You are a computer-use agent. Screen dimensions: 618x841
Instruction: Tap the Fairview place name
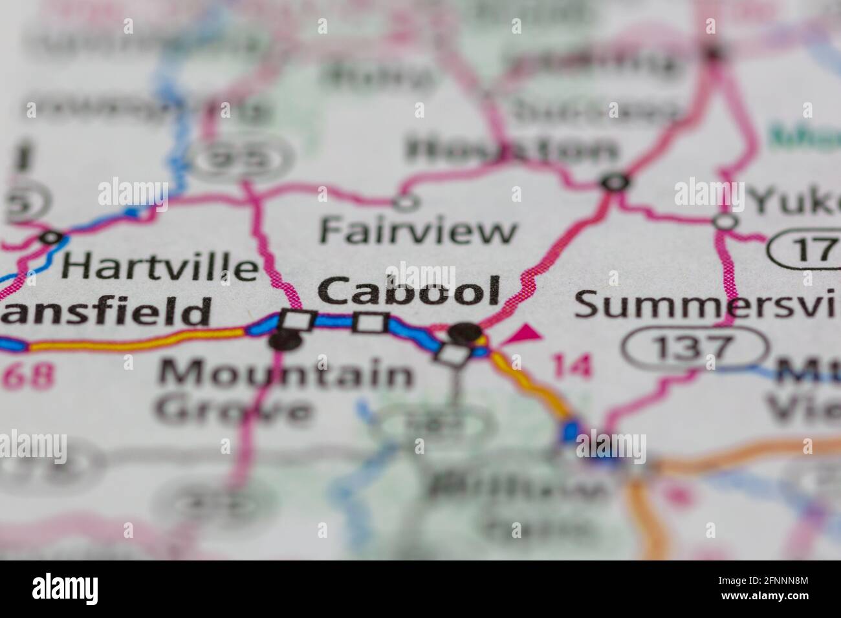[x=419, y=231]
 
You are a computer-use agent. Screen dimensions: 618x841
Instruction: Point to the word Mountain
[x=285, y=374]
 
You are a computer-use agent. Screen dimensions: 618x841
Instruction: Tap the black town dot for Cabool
[x=466, y=333]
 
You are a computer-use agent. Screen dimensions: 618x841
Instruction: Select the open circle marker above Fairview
[x=406, y=203]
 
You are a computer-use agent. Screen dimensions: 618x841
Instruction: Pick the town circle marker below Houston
[x=615, y=183]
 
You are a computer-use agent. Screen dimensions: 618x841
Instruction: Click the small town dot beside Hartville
[x=50, y=238]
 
